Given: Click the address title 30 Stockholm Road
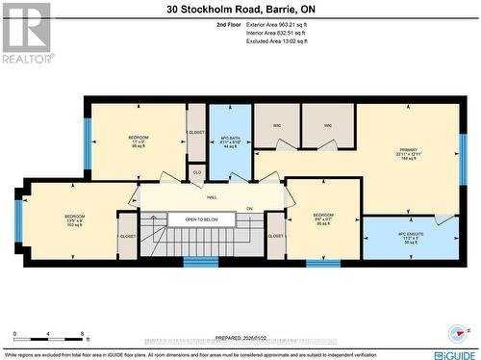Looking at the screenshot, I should [240, 9].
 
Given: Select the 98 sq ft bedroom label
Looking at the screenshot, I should [138, 141].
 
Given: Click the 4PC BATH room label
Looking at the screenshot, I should [229, 141].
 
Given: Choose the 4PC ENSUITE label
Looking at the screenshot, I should [410, 238].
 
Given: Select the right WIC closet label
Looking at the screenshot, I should [327, 125].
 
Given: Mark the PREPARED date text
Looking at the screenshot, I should [241, 337].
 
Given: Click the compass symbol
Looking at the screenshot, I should [455, 332].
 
